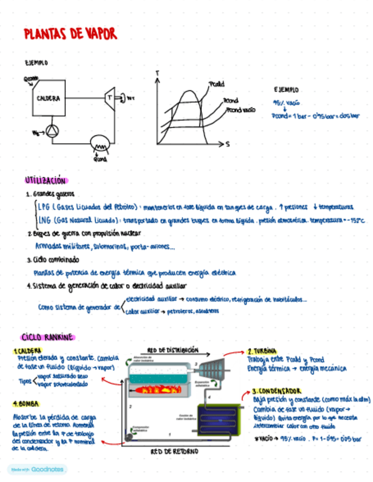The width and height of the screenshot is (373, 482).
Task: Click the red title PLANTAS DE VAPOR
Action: [71, 34]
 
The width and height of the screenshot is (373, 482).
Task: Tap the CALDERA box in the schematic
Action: [49, 98]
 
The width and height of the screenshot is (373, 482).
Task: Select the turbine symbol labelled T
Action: [110, 97]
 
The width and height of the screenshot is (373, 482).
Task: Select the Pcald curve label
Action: [217, 84]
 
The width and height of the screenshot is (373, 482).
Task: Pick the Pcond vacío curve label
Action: [241, 109]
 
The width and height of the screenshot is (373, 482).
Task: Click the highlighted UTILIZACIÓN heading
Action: [45, 181]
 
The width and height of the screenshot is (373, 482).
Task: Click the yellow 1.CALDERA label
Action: [27, 351]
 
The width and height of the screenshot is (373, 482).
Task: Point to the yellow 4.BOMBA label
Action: [26, 404]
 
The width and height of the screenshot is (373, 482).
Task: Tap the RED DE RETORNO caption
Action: [175, 451]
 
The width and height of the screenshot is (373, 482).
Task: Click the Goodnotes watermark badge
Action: [37, 469]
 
